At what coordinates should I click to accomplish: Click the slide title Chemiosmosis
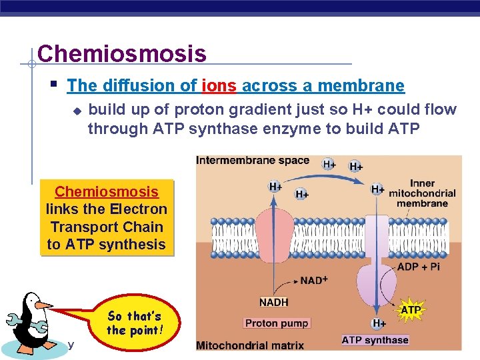click(122, 53)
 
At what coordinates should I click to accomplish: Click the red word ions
click(219, 85)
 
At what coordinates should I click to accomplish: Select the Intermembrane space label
click(253, 161)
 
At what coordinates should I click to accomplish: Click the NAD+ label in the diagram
click(313, 281)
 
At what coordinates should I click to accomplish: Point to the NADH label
click(273, 302)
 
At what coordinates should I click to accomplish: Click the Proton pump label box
click(276, 323)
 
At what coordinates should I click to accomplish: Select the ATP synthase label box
click(375, 340)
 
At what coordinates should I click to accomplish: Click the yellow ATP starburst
click(411, 310)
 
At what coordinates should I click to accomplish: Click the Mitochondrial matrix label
click(250, 345)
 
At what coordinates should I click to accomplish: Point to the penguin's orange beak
click(43, 305)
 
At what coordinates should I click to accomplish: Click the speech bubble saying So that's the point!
click(134, 323)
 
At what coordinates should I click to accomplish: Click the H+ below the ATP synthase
click(378, 323)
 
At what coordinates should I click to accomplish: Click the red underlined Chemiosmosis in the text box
click(107, 192)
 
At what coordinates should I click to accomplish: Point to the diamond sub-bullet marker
click(77, 111)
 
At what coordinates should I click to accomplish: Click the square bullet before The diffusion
click(54, 85)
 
